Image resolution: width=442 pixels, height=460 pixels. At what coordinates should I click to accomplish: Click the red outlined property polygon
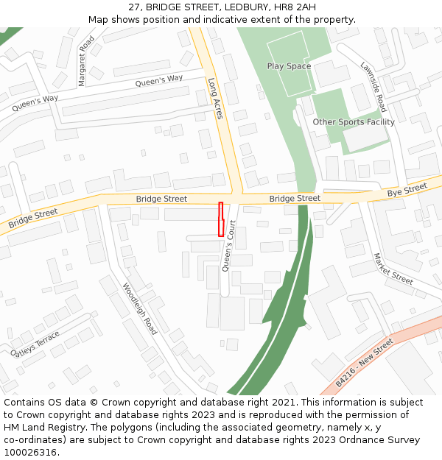tap(220, 219)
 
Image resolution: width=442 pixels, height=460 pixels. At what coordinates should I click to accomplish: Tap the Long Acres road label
tap(215, 99)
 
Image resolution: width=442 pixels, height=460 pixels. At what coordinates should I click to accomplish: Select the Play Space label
tap(289, 66)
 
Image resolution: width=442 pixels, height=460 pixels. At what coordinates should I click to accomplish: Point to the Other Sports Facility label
tap(354, 122)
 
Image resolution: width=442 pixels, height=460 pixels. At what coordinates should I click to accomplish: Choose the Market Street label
tap(393, 269)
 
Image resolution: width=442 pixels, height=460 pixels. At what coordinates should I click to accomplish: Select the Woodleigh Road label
tap(140, 308)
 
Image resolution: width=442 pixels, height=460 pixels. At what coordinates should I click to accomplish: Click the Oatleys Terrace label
tap(36, 343)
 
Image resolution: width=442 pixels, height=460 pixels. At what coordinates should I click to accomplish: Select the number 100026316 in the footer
tap(32, 453)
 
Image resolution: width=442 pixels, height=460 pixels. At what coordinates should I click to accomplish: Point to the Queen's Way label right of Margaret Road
tap(159, 81)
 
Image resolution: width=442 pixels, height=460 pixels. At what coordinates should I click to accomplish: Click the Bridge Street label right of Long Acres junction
tap(295, 199)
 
